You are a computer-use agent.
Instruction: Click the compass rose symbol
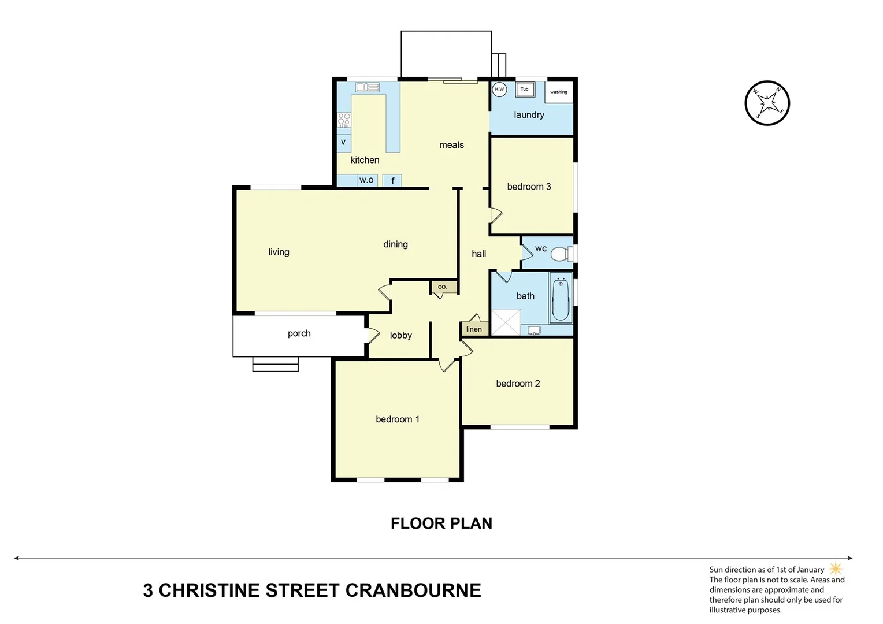point(767,103)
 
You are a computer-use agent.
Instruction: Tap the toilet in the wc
point(560,254)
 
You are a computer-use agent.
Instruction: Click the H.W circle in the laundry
point(499,90)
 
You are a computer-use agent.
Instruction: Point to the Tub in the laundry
point(525,90)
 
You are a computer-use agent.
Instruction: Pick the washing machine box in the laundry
point(559,92)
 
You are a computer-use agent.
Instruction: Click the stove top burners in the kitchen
point(344,120)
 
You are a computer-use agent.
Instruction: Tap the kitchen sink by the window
point(368,87)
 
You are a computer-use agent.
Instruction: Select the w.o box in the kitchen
point(366,180)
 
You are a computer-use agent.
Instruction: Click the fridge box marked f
point(392,181)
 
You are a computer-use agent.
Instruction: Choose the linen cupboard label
point(474,329)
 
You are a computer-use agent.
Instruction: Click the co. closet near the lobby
point(443,287)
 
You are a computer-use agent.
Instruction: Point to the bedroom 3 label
point(529,187)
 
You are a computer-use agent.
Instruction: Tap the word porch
point(299,333)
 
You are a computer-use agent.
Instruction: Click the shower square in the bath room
point(506,322)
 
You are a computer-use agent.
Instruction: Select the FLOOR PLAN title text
point(441,523)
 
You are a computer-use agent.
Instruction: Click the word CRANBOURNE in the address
point(413,590)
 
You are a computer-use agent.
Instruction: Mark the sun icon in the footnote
point(836,569)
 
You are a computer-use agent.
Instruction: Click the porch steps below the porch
point(276,364)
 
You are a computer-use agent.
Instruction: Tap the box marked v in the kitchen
point(343,142)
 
